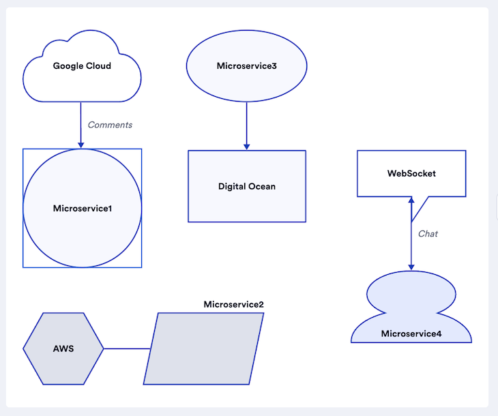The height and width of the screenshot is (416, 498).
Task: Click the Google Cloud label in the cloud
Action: click(x=82, y=66)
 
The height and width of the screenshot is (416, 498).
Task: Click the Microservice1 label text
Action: click(x=82, y=208)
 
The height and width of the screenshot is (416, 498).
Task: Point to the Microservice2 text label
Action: click(x=233, y=304)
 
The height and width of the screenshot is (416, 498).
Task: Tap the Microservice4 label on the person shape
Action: click(x=411, y=333)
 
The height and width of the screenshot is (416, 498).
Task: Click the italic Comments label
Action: click(x=110, y=125)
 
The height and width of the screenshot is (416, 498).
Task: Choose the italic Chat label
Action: click(x=428, y=234)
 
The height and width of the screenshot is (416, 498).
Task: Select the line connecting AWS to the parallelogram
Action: click(x=127, y=348)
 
